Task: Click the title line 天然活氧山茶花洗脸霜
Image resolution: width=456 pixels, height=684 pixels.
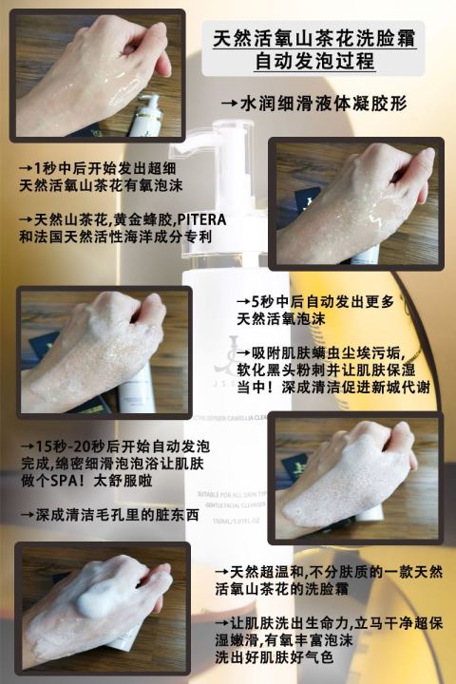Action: pos(313,39)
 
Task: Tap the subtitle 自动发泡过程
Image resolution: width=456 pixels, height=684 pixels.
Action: pos(312,63)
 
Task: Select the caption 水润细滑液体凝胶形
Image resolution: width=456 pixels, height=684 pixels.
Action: pos(314,102)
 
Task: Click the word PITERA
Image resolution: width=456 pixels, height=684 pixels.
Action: pos(201,218)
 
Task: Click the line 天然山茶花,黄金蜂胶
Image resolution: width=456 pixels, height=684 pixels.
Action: pos(95,218)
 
